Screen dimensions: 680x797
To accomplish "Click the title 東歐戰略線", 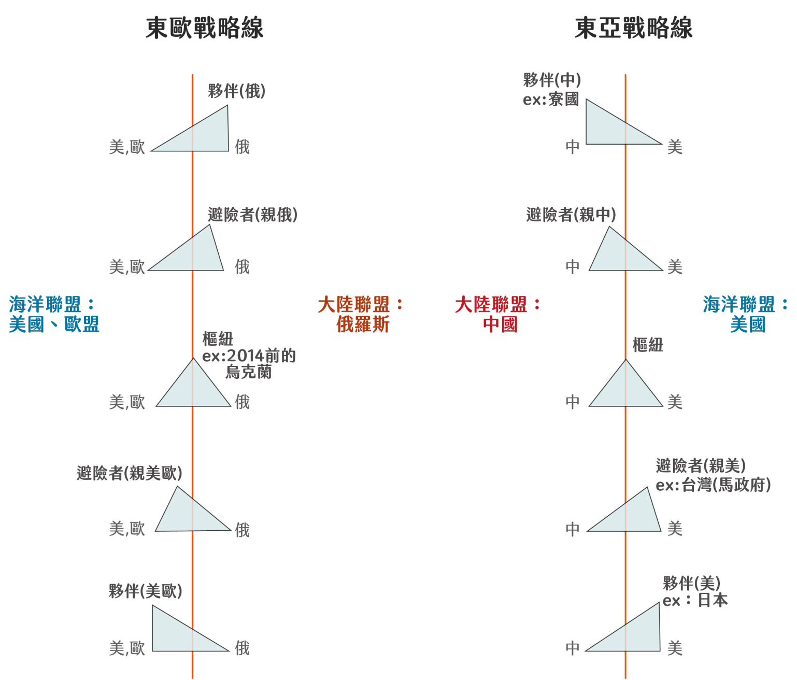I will [204, 28].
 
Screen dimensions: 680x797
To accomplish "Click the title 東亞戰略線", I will [633, 28].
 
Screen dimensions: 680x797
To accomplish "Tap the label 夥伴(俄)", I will [237, 91].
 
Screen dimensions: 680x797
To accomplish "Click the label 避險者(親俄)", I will [253, 215].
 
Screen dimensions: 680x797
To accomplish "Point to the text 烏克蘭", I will [248, 372].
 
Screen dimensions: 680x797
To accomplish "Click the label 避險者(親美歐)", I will [130, 473].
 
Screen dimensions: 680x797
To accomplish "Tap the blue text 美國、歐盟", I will [54, 325].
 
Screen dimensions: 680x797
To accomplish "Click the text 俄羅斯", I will [363, 325].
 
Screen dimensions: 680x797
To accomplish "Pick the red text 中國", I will [500, 325].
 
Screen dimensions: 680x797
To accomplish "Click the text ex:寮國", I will [551, 99].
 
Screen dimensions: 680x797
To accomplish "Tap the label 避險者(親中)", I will [571, 215].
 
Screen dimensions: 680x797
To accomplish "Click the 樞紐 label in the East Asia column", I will [648, 345].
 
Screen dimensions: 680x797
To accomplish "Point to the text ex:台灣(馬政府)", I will [713, 485].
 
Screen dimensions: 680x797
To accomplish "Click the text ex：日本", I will [695, 600].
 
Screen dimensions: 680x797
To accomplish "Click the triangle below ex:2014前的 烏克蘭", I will [194, 389].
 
